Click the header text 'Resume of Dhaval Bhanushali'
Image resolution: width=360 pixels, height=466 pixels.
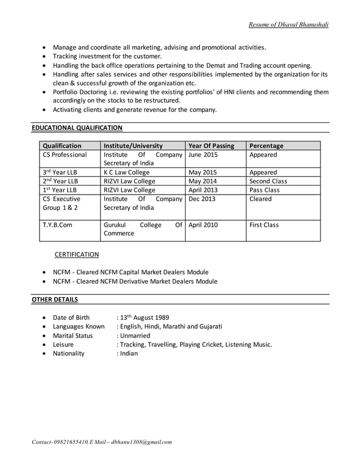[x=288, y=24]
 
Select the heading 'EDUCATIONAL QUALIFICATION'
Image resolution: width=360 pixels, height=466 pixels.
[x=77, y=128]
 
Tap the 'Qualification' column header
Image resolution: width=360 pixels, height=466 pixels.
[x=62, y=146]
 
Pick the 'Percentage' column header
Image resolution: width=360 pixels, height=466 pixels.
[x=266, y=146]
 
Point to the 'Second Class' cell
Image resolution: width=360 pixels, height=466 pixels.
[x=268, y=181]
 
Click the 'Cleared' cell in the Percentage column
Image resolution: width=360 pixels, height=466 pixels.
[x=261, y=199]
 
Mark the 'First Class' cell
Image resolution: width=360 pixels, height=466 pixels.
[x=264, y=225]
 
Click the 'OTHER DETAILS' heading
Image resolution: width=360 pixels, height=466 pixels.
[x=55, y=299]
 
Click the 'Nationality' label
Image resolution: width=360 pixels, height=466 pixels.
[x=68, y=353]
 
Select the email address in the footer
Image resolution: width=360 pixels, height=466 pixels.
[x=142, y=442]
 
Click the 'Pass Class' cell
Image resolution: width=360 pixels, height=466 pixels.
[x=264, y=190]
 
